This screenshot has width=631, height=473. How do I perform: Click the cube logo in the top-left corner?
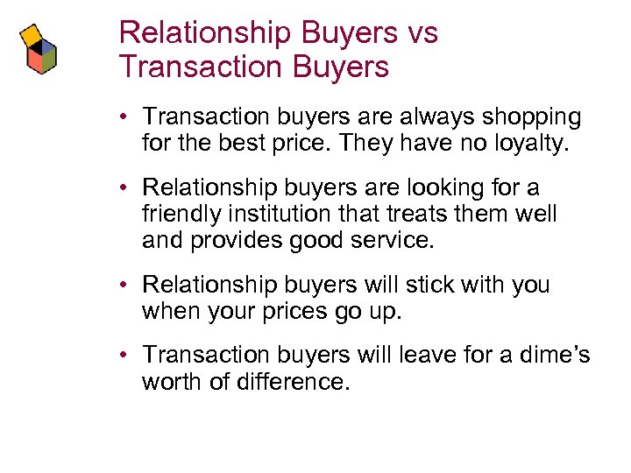click(39, 50)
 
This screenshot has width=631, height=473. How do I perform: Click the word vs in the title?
click(418, 33)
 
